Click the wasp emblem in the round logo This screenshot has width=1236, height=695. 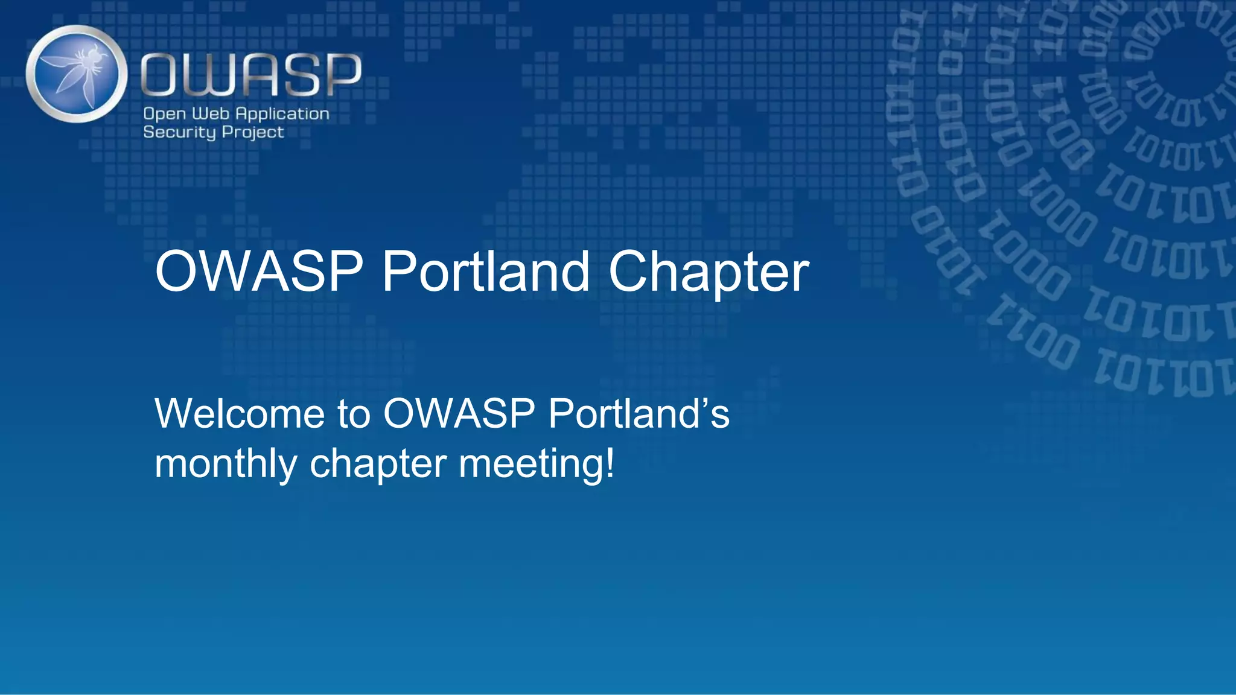77,74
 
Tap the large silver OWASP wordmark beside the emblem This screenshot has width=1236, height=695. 251,74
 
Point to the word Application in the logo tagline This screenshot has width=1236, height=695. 282,114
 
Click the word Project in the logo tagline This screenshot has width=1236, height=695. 253,133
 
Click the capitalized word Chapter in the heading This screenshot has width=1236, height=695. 709,273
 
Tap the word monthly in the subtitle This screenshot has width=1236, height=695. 226,465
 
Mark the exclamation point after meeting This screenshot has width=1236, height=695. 610,463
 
